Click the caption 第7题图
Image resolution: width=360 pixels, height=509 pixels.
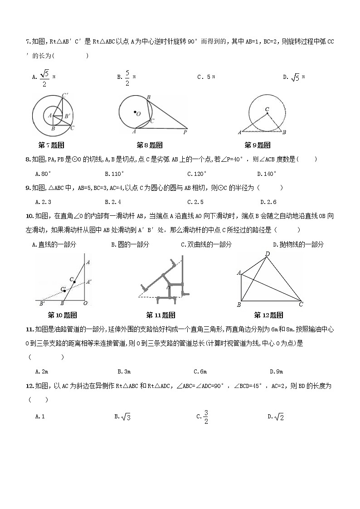click(51, 145)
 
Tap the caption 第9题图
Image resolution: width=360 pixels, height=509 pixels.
click(257, 145)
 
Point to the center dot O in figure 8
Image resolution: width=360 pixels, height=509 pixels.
click(135, 112)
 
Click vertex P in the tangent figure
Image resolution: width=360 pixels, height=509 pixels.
click(185, 133)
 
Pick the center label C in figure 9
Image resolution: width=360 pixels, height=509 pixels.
click(267, 109)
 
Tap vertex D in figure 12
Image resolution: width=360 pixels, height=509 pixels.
click(268, 254)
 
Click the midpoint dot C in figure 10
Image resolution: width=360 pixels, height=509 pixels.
click(74, 282)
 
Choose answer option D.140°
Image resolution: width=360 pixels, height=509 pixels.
click(266, 174)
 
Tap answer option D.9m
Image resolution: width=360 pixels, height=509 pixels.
click(276, 372)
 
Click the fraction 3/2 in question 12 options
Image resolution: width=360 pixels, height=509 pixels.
click(205, 417)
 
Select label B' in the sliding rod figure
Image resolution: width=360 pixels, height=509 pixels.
click(42, 303)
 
